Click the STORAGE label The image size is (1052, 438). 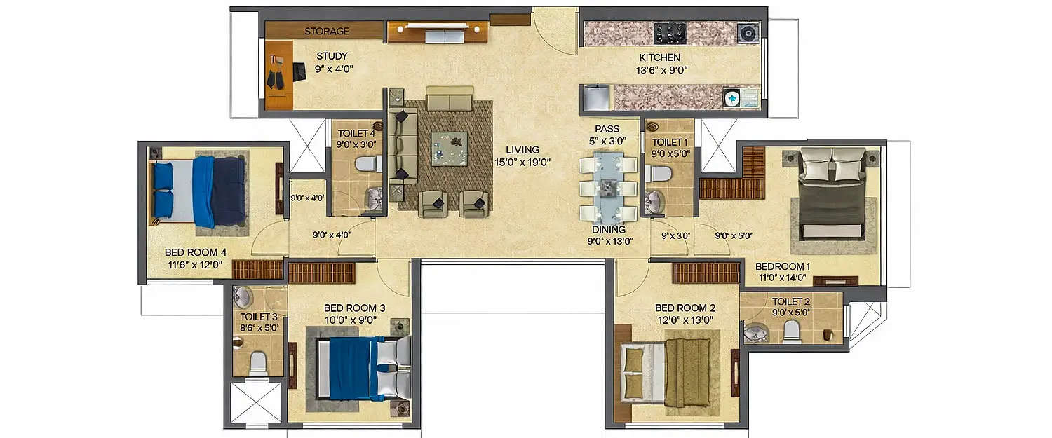[326, 32]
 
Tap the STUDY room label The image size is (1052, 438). [332, 57]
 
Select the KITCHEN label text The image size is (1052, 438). [659, 57]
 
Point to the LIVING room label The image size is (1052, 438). [522, 149]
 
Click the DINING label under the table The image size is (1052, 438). [608, 229]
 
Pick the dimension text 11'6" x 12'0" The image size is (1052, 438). [194, 265]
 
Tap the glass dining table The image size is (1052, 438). [608, 189]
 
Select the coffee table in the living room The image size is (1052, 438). [449, 147]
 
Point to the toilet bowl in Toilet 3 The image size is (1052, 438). [257, 362]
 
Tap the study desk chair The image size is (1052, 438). [299, 71]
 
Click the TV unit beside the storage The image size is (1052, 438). [437, 32]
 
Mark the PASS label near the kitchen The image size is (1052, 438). [607, 130]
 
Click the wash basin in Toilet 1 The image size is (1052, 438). [656, 201]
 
